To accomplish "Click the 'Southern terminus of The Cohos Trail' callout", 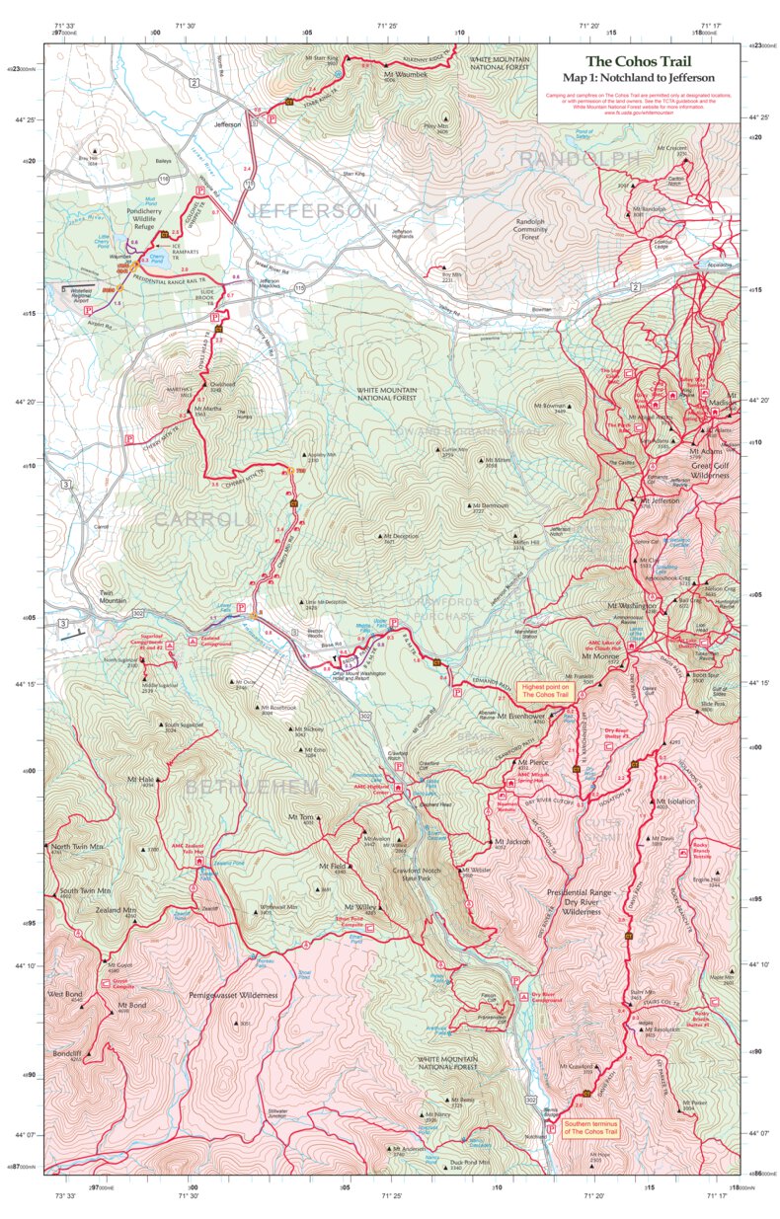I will pyautogui.click(x=590, y=1127).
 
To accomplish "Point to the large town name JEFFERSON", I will pyautogui.click(x=312, y=211).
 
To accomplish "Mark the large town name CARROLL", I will pyautogui.click(x=201, y=519).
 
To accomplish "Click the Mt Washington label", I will pyautogui.click(x=635, y=605).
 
